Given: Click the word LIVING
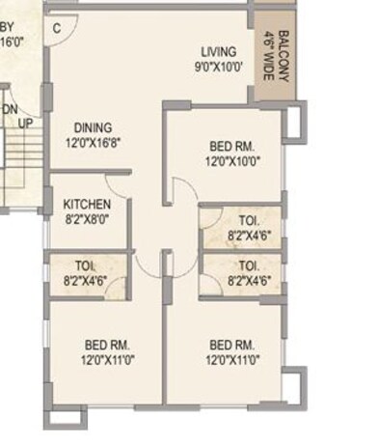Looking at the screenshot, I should (219, 52).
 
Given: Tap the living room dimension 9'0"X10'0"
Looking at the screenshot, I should (219, 67).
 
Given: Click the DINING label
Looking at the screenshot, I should (94, 127).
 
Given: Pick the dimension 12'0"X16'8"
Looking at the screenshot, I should (94, 142).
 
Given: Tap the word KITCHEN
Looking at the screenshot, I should (87, 205).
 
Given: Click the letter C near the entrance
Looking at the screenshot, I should (58, 28).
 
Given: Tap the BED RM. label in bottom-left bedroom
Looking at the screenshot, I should (107, 346).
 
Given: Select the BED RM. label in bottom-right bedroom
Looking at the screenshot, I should (232, 346).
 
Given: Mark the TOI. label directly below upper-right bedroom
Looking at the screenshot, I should (249, 220).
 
